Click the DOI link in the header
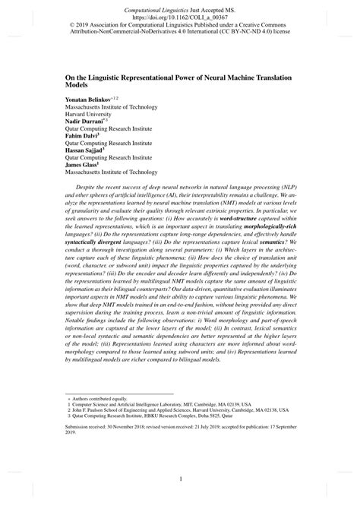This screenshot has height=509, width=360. pyautogui.click(x=180, y=14)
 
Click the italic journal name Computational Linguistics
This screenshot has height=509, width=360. pyautogui.click(x=150, y=6)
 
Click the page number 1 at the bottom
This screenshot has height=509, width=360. pyautogui.click(x=180, y=479)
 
